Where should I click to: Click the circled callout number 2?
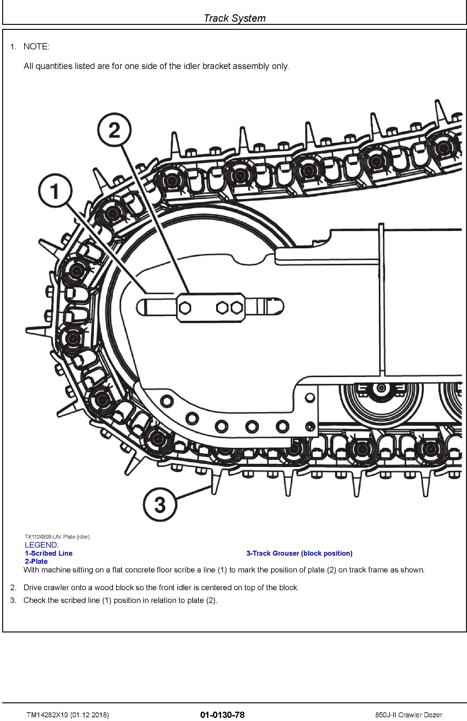pos(114,130)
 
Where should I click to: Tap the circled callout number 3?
pos(160,504)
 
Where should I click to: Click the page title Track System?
pos(234,18)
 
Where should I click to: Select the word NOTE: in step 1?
pos(36,47)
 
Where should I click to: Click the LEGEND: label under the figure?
pos(42,545)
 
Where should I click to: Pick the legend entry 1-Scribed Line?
pos(49,553)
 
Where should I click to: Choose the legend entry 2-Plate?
pos(36,561)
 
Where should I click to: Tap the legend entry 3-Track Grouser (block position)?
pos(299,553)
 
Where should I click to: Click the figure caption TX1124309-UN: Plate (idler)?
pos(57,537)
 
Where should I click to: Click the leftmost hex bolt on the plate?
pos(185,308)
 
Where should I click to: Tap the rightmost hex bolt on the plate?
pos(237,308)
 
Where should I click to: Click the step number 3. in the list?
pos(13,600)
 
